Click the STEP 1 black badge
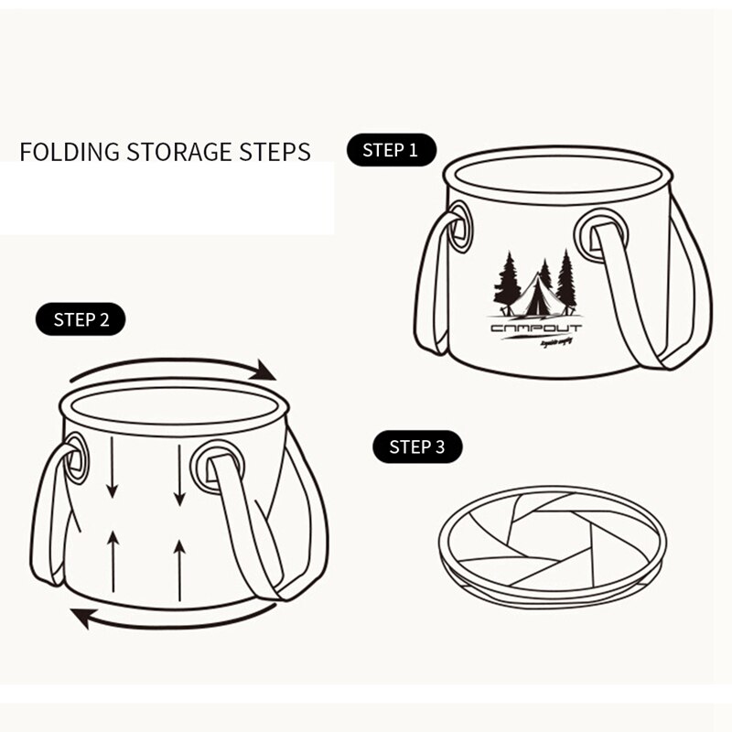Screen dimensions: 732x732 click(391, 150)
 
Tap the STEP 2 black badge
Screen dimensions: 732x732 click(81, 319)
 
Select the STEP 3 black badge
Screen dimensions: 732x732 click(417, 447)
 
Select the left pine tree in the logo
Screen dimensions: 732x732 click(507, 282)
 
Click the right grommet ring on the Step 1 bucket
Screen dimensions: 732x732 click(599, 235)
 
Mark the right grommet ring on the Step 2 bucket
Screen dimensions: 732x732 click(216, 466)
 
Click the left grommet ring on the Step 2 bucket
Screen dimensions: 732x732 click(75, 457)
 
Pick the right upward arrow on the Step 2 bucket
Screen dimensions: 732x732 click(179, 567)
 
